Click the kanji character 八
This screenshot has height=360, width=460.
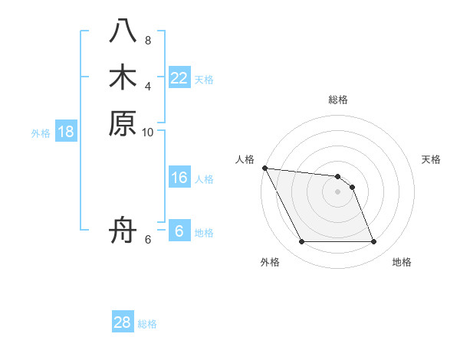tap(123, 31)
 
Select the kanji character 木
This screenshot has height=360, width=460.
tap(123, 77)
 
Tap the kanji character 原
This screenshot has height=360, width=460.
tap(123, 123)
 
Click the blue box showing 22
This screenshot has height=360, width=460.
tap(179, 78)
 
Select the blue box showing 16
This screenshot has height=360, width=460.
tap(179, 178)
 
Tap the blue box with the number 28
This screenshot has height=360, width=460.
tap(123, 322)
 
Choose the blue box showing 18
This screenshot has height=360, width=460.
tap(66, 132)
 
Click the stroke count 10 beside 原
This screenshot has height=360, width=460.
tap(148, 132)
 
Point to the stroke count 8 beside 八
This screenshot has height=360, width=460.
tap(148, 40)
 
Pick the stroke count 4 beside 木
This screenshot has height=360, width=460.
tap(148, 86)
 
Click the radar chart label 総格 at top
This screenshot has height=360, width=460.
tap(338, 100)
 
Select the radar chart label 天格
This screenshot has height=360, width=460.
tap(431, 159)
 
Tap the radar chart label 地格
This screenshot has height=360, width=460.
tap(402, 263)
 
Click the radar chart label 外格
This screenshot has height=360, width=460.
tap(270, 263)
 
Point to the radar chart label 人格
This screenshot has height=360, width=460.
tap(245, 159)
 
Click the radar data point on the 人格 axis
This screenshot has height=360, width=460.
tap(264, 168)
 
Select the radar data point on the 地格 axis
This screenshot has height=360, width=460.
tap(373, 242)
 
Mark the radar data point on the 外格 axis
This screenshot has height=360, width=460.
tap(302, 242)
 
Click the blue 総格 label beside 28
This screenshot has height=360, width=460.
tap(147, 324)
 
